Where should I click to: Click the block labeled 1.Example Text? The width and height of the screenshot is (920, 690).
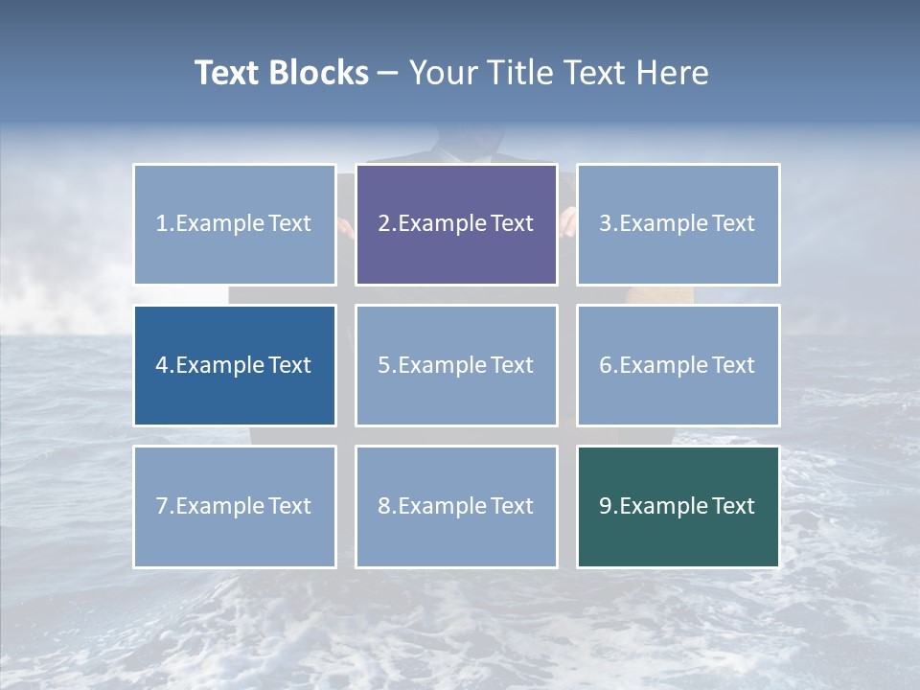[x=235, y=224]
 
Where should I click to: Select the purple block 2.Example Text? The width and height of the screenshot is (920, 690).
[x=456, y=224]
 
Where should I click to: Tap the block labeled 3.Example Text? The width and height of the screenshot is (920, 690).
[x=678, y=224]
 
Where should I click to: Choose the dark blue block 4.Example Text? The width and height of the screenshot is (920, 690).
[x=235, y=365]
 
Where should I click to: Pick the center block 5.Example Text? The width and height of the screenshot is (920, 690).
[x=456, y=365]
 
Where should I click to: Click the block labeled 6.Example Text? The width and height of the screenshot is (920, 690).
[x=678, y=365]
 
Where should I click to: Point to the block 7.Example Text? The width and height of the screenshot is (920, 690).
[x=235, y=506]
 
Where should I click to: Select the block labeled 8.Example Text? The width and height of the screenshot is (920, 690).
[x=456, y=506]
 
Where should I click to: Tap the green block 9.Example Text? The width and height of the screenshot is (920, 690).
[x=678, y=506]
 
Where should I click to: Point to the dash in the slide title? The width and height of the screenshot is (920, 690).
[x=388, y=74]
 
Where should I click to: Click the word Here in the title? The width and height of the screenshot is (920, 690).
[x=673, y=73]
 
